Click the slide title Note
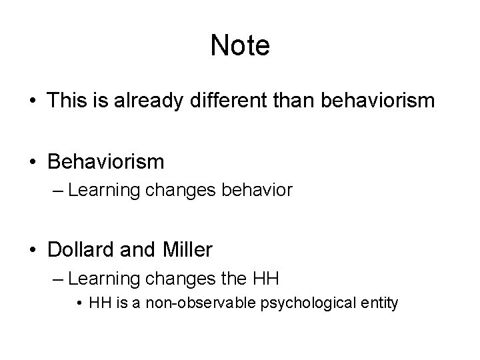[240, 46]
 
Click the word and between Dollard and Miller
[137, 250]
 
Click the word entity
[381, 304]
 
